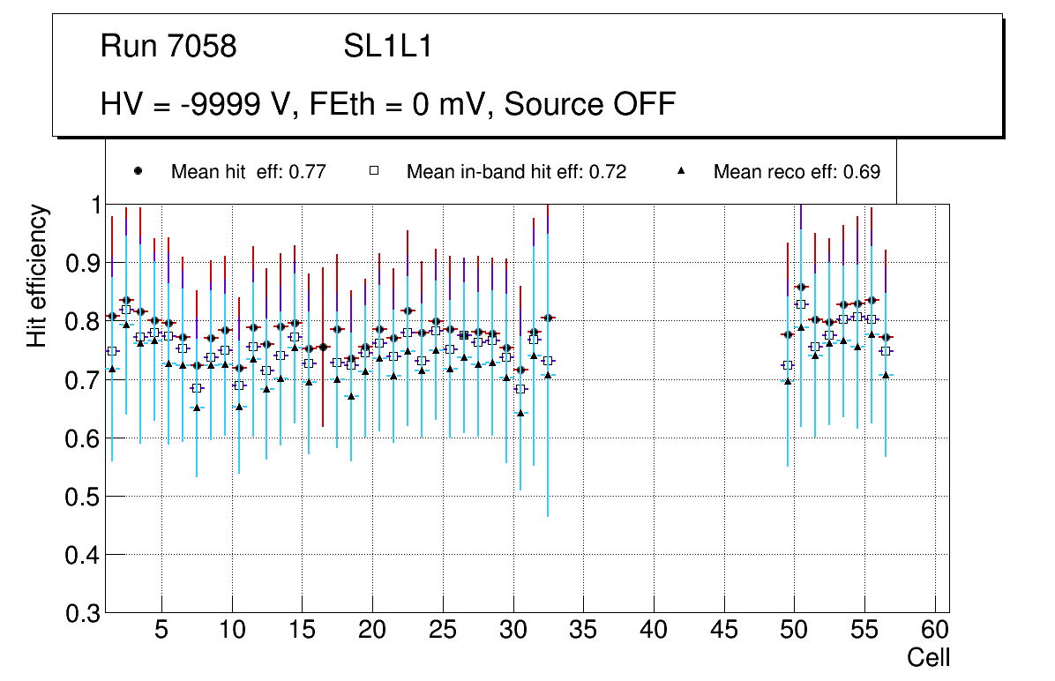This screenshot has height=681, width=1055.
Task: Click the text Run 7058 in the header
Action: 168,46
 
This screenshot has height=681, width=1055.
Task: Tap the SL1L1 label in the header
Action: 387,46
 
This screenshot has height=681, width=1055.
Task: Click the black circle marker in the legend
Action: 138,171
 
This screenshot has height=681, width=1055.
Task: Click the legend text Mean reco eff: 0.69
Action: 797,172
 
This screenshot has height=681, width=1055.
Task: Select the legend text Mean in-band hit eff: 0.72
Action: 516,172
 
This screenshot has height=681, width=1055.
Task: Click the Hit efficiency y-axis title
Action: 37,275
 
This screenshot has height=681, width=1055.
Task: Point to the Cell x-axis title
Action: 929,657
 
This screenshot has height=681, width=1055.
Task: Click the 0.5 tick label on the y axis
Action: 85,497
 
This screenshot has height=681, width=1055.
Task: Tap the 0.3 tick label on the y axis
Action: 85,613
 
